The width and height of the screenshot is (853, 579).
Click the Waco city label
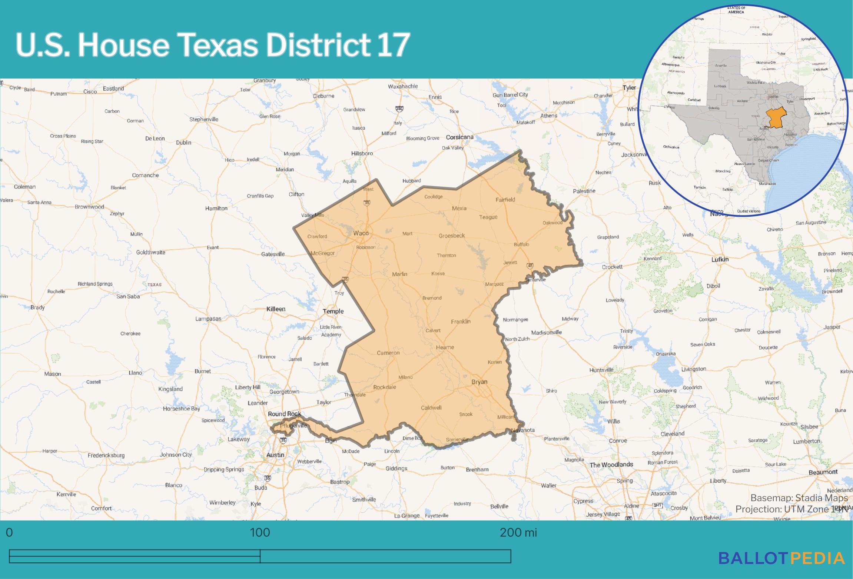(361, 233)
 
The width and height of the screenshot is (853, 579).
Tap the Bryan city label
(479, 382)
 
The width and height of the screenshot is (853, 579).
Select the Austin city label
(275, 455)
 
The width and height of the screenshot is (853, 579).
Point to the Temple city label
(333, 311)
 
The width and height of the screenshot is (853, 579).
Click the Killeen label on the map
(276, 309)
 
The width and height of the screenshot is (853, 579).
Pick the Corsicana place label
(459, 137)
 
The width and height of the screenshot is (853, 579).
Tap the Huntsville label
(601, 370)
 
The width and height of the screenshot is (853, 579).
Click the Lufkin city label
(720, 259)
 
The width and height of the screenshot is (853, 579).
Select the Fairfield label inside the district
(505, 200)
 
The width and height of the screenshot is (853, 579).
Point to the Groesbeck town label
(451, 236)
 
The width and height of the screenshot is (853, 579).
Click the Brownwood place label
(89, 207)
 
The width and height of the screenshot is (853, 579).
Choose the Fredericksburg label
(106, 455)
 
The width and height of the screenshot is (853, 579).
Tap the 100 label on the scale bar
(260, 533)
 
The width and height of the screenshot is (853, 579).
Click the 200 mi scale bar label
(518, 533)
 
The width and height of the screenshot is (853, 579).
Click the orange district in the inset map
(776, 118)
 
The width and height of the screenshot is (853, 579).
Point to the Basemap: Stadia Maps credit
(799, 498)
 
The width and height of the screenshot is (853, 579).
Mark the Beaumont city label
(823, 472)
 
